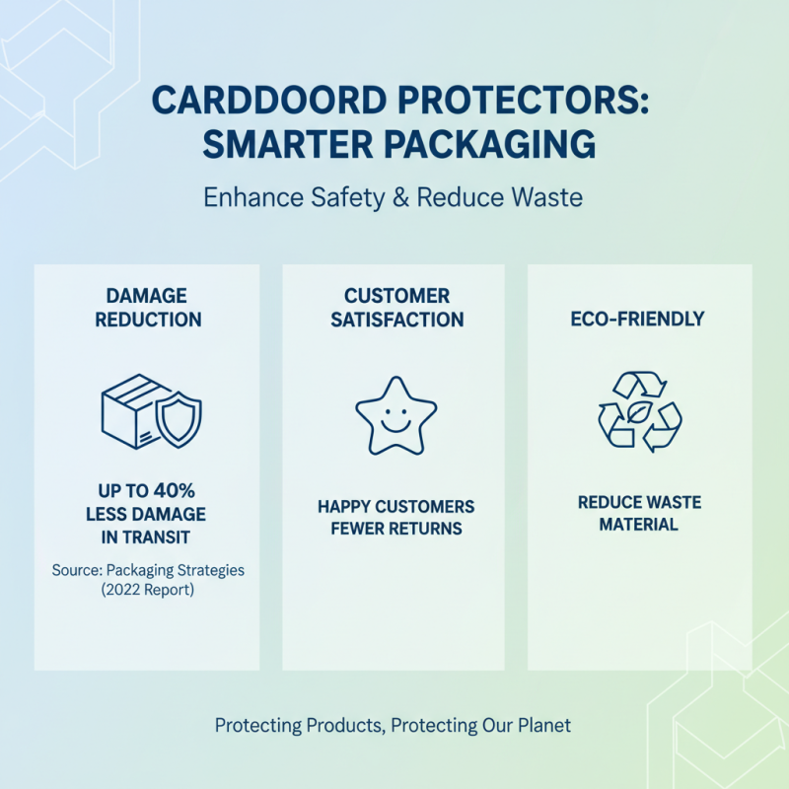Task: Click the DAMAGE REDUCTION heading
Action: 147,308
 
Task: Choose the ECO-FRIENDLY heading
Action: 640,320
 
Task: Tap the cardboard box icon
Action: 131,410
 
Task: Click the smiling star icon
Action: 394,415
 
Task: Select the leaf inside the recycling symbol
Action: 640,412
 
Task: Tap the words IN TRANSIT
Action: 147,537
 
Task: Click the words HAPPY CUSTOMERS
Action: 395,507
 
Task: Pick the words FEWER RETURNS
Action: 395,529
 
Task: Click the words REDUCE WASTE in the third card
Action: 639,503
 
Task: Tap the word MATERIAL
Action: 639,525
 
